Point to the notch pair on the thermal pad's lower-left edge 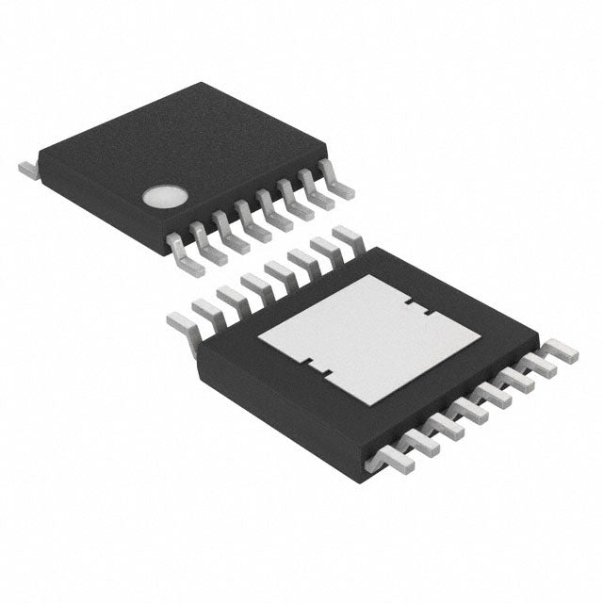coord(312,367)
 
